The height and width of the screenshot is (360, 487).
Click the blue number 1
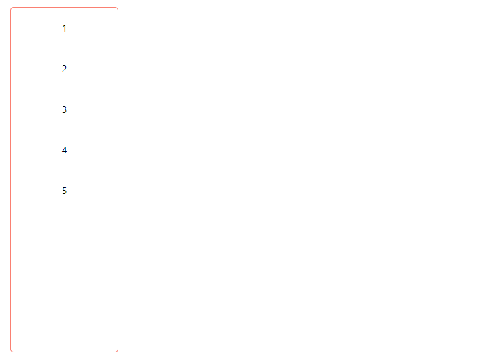64,28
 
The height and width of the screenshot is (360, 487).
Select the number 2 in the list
64,69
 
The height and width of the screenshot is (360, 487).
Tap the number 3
64,109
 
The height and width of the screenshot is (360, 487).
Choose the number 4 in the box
64,150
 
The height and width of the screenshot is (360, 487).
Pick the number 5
64,191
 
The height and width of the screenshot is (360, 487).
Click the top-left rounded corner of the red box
12,8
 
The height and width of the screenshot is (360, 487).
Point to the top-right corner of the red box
117,8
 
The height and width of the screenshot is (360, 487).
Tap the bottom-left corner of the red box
12,351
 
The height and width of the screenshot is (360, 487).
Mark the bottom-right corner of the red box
117,351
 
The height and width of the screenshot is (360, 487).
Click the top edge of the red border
64,8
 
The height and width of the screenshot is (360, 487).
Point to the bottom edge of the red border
64,352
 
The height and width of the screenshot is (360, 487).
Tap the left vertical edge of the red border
11,179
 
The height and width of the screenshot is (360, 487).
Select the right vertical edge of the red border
118,179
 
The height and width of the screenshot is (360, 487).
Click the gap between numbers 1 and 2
64,49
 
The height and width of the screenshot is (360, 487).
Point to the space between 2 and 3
64,89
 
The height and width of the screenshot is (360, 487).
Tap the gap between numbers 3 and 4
64,130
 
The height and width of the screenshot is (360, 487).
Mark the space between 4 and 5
64,171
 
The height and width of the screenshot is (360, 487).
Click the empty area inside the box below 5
64,275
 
